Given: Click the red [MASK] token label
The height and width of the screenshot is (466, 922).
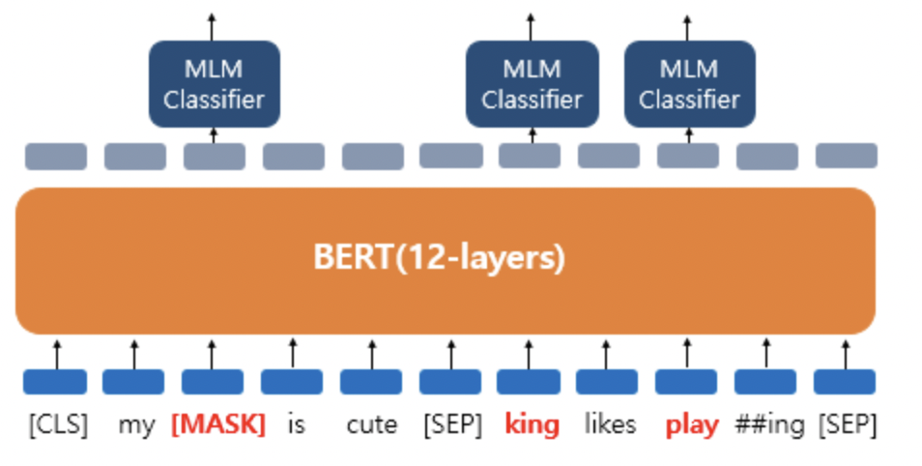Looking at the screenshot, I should pos(217,424).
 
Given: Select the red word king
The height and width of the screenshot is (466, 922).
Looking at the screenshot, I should pos(532,424).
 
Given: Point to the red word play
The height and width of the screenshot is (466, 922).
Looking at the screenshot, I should pos(692,424).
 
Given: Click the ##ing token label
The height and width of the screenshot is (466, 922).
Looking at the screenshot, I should pos(769,424).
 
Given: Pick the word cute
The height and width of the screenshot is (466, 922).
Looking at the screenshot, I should pos(372,424).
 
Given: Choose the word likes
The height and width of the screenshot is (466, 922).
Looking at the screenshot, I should pos(610,424).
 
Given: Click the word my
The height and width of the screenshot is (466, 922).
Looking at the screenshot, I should pos(136,424).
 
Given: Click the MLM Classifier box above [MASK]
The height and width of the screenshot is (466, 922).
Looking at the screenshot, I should pos(214,84).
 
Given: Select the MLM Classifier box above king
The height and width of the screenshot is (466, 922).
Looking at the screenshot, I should pos(532,84).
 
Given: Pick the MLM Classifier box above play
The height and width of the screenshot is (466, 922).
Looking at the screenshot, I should pos(689,84).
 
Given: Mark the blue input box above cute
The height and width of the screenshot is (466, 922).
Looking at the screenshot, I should pos(372,381).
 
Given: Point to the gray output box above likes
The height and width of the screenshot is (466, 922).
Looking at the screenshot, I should pos(609,156).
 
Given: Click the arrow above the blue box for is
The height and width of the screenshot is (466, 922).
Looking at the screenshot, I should pos(293,352).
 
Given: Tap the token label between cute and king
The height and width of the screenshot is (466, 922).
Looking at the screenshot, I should pos(450,424).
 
